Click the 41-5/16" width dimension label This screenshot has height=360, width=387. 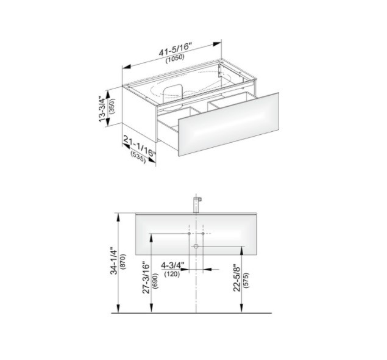(x=176, y=49)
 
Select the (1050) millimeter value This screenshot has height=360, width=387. (x=175, y=59)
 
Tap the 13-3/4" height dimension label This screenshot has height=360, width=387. (x=102, y=109)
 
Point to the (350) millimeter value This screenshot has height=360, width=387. (x=112, y=106)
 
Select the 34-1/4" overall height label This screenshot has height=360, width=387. (x=114, y=261)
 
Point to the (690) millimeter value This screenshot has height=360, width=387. (x=155, y=281)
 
